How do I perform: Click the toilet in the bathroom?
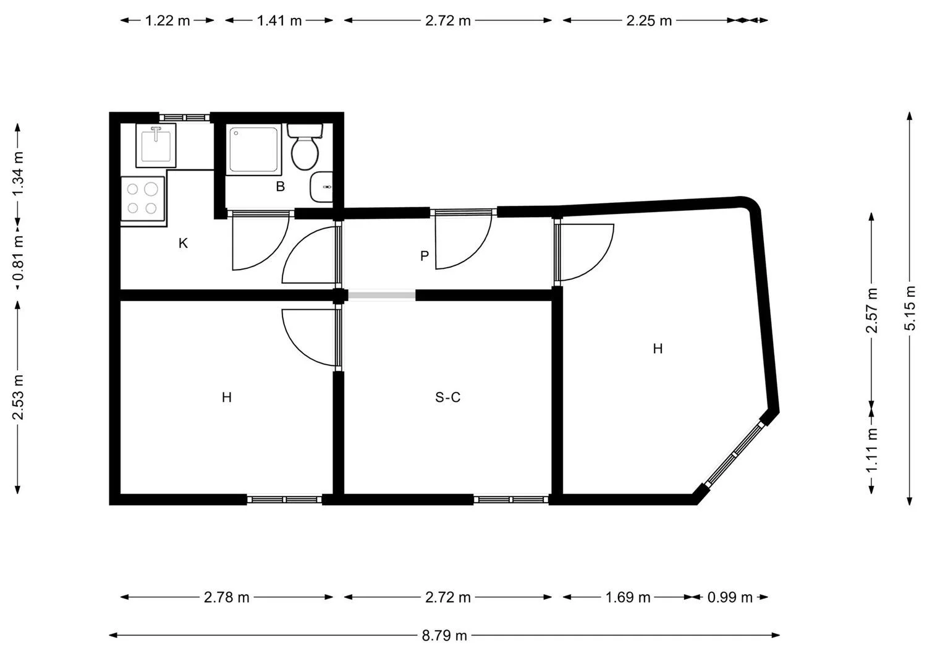coord(305,147)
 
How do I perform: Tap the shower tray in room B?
coord(254,150)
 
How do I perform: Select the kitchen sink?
coord(156,145)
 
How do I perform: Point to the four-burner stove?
coord(143,199)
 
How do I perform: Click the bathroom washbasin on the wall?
coord(321,187)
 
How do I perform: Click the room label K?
coord(183,244)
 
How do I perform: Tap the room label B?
coord(280,187)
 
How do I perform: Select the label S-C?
coord(448,398)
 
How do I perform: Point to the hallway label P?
coord(424,256)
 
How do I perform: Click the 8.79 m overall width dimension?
coord(444,636)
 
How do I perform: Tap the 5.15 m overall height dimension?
coord(910,309)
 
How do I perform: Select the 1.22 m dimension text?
coord(167,20)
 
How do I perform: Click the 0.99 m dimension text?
coord(730,597)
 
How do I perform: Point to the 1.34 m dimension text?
coord(17,174)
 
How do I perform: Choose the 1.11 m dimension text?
coord(871,450)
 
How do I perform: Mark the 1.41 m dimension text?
coord(279,20)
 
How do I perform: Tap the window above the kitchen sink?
coord(185,117)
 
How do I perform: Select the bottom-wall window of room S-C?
coord(510,500)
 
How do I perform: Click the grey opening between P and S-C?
coord(381,296)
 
